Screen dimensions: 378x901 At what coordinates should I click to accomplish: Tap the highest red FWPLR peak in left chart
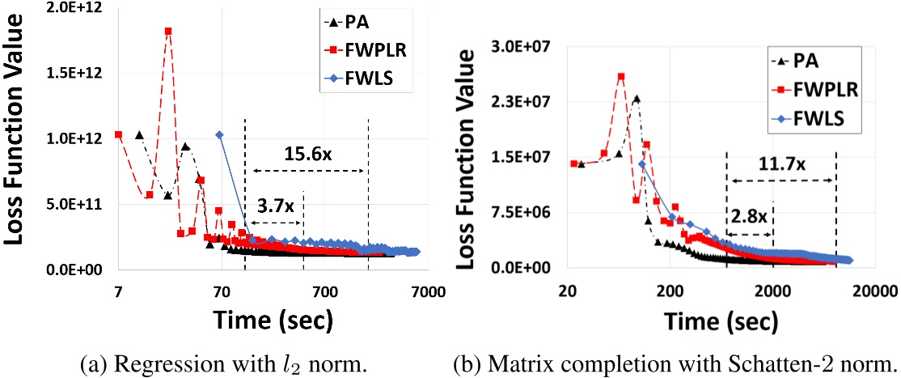[x=168, y=31]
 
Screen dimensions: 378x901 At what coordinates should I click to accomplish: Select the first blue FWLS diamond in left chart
[x=219, y=134]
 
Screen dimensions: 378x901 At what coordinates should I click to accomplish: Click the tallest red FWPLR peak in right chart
[x=621, y=77]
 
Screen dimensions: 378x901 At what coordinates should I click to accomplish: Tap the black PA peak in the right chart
[x=637, y=100]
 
